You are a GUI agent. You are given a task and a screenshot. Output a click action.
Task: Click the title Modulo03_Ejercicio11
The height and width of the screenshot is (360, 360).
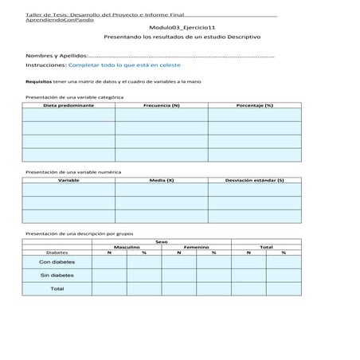pyautogui.click(x=182, y=28)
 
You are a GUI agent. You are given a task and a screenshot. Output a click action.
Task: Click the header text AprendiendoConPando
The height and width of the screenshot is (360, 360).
pyautogui.click(x=59, y=20)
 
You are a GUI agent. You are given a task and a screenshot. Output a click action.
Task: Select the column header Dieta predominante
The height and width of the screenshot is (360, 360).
pyautogui.click(x=68, y=105)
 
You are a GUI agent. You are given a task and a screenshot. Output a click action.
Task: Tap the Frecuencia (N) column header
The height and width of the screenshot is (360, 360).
pyautogui.click(x=162, y=105)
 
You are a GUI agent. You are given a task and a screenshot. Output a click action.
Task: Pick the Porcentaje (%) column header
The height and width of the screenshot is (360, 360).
pyautogui.click(x=255, y=105)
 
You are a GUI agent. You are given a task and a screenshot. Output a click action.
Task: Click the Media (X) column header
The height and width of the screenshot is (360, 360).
pyautogui.click(x=162, y=180)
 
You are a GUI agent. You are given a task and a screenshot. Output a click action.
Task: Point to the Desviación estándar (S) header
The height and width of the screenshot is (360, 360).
pyautogui.click(x=255, y=180)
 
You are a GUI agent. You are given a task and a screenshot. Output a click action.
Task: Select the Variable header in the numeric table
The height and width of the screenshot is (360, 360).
pyautogui.click(x=68, y=180)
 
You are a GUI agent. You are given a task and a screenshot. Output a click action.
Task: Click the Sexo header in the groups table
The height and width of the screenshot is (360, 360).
pyautogui.click(x=162, y=241)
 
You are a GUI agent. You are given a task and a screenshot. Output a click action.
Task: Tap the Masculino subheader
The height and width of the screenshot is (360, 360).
pyautogui.click(x=127, y=247)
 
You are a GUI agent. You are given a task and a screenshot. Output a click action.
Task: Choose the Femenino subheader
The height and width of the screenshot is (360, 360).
pyautogui.click(x=196, y=247)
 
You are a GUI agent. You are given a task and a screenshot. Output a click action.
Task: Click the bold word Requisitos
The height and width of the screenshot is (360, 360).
pyautogui.click(x=38, y=82)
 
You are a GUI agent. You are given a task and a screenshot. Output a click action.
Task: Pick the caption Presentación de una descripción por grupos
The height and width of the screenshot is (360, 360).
pyautogui.click(x=80, y=233)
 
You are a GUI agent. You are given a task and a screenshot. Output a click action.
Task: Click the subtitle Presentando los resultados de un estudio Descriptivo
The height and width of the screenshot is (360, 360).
pyautogui.click(x=182, y=37)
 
